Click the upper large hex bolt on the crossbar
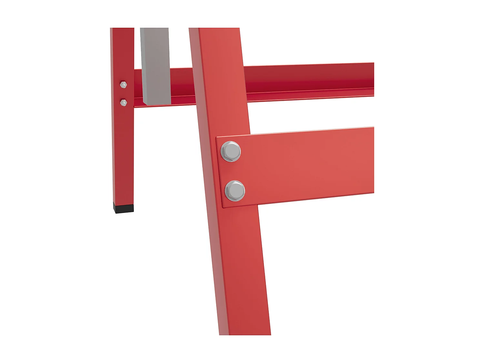coord(231,151)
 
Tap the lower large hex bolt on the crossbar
coord(235,191)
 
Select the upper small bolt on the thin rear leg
coord(123,85)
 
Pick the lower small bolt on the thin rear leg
coord(123,103)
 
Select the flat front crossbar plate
coord(307,165)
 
